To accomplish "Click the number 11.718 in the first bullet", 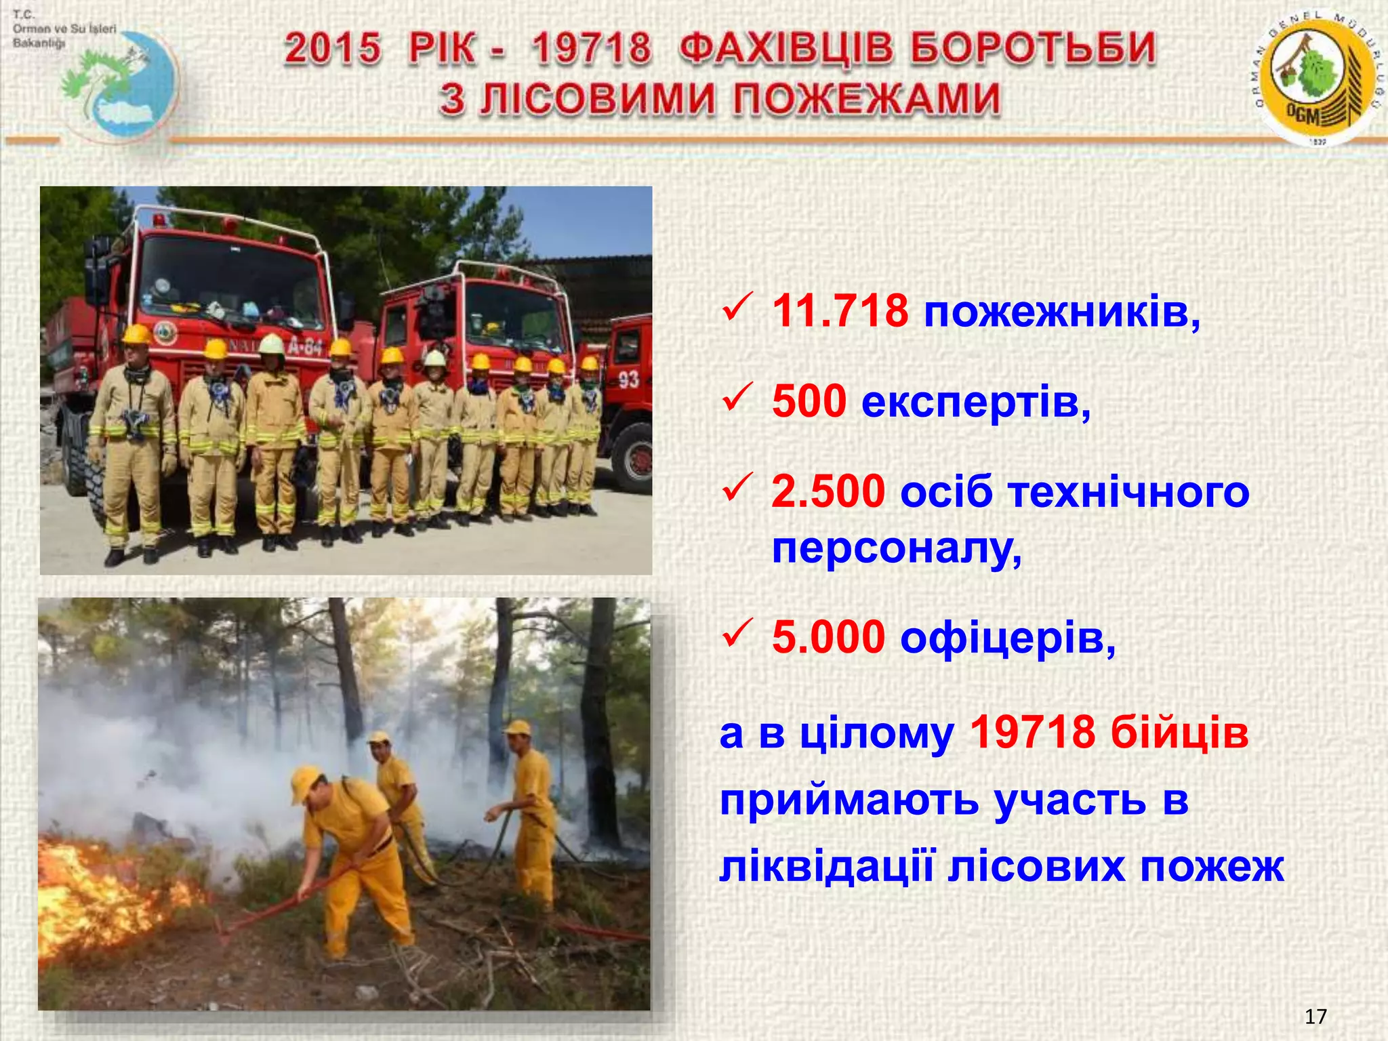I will pyautogui.click(x=840, y=312).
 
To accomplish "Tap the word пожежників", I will pyautogui.click(x=1061, y=314).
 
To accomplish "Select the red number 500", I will pyautogui.click(x=809, y=401).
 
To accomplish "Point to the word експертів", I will pyautogui.click(x=975, y=403).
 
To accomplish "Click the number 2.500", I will pyautogui.click(x=828, y=491).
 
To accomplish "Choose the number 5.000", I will pyautogui.click(x=828, y=638).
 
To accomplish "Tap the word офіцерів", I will pyautogui.click(x=1007, y=639).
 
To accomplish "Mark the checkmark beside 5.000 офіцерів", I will pyautogui.click(x=737, y=633).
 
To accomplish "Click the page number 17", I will pyautogui.click(x=1315, y=1017).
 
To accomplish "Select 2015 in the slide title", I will pyautogui.click(x=333, y=49).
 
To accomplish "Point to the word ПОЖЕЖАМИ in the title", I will pyautogui.click(x=867, y=100).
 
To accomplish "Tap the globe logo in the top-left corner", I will pyautogui.click(x=122, y=85).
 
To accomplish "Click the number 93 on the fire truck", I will pyautogui.click(x=628, y=379).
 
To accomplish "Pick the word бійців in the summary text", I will pyautogui.click(x=1179, y=733).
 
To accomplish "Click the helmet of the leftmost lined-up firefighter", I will pyautogui.click(x=137, y=333).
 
